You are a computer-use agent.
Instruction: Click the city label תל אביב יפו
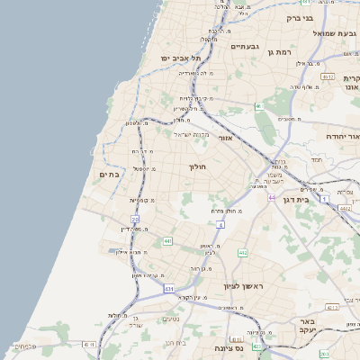click(x=178, y=58)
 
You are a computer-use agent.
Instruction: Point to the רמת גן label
click(x=283, y=52)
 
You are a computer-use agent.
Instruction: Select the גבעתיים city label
click(x=245, y=46)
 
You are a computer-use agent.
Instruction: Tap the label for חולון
click(x=198, y=166)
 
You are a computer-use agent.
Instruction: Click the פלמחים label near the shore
click(x=24, y=345)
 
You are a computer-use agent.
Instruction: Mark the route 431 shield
click(x=168, y=289)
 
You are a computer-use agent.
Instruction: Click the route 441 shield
click(x=168, y=241)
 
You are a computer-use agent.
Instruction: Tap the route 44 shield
click(x=271, y=195)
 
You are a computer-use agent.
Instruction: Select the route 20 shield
click(x=135, y=219)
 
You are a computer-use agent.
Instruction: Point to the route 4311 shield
click(x=88, y=344)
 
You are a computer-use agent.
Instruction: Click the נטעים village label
click(x=171, y=318)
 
